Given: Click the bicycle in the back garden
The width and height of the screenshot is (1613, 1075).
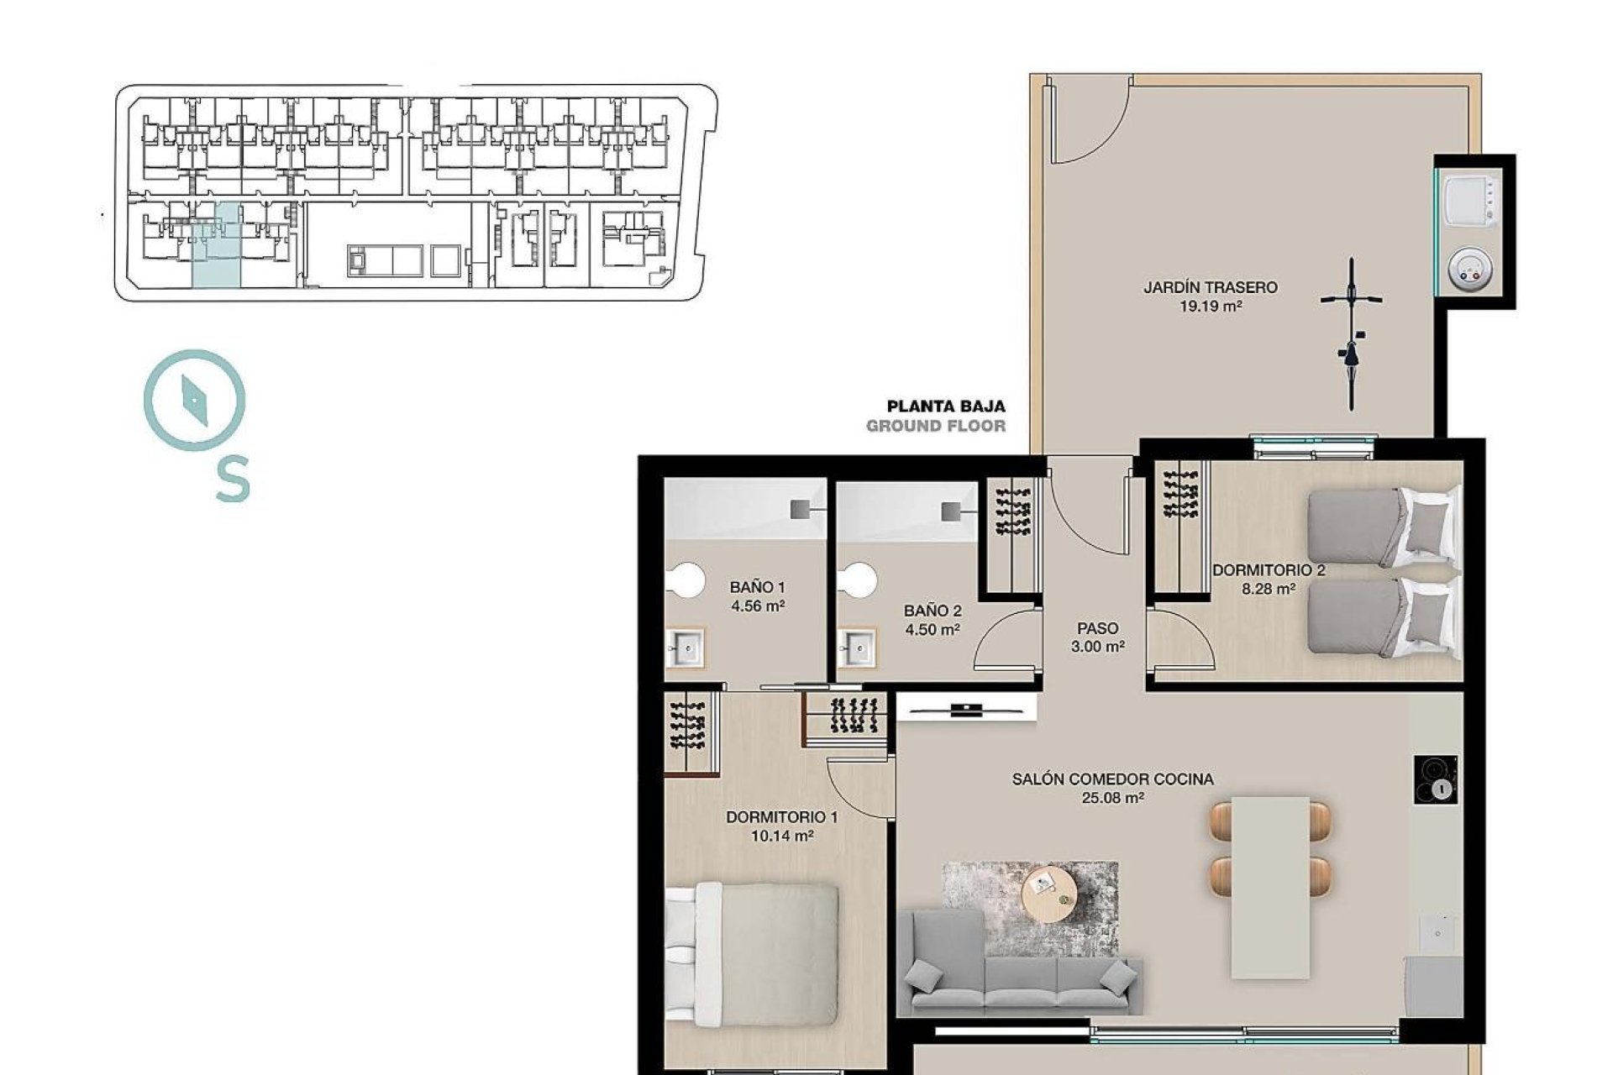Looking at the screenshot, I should [1351, 334].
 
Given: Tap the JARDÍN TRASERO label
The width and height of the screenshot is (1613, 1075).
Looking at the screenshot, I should [1210, 287].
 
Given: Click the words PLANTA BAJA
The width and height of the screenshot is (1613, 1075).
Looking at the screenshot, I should [946, 406].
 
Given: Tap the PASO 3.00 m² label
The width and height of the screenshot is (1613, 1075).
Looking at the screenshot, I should [1098, 637].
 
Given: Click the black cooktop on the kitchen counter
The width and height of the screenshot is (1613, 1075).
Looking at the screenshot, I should [1435, 780].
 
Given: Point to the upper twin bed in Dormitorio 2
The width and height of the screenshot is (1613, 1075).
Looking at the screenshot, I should [1382, 527].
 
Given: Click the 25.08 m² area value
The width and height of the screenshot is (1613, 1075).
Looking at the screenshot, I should [1112, 799].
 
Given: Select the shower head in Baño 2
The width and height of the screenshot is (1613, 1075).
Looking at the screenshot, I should [950, 511].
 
